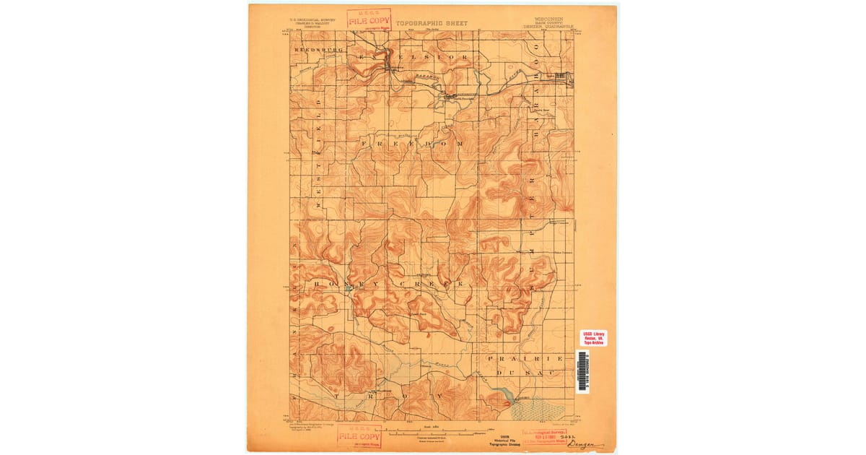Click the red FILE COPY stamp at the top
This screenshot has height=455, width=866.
click(369, 19)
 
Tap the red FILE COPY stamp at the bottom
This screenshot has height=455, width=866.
click(359, 436)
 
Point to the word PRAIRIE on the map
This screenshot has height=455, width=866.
click(525, 359)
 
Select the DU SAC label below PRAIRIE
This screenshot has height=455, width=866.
click(524, 372)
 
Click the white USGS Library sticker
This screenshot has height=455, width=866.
click(593, 338)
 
